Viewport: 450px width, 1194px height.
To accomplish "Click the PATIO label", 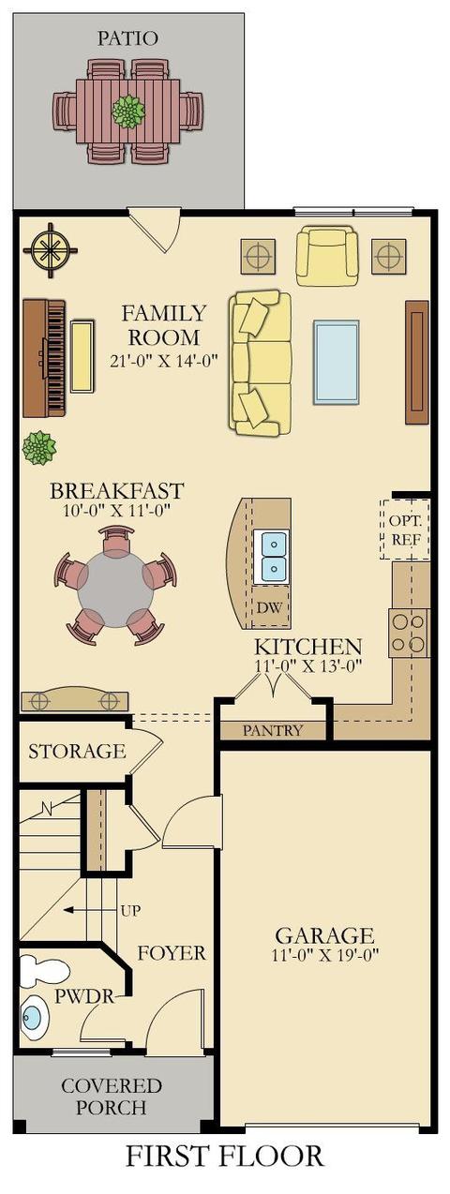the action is pos(127,37).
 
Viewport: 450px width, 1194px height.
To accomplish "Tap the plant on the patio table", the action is pos(127,112).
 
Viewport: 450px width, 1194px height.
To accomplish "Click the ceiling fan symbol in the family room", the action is pos(51,250).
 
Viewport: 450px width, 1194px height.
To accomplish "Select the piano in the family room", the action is pos(44,358).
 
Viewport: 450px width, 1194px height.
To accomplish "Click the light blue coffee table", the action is pos(336,362).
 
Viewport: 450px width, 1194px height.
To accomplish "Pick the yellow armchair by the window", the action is pos(326,257).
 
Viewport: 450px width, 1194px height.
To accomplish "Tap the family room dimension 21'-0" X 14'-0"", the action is pos(165,361).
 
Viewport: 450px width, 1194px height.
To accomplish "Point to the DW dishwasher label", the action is pos(271,606).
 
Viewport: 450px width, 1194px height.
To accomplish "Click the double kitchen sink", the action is pos(271,556).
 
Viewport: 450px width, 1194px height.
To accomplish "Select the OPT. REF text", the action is pos(406,530).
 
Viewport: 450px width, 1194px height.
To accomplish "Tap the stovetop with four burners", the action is pos(409,633).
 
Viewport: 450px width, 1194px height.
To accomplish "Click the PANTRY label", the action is pos(273,730).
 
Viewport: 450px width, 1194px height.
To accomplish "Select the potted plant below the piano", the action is pos(39,448).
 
